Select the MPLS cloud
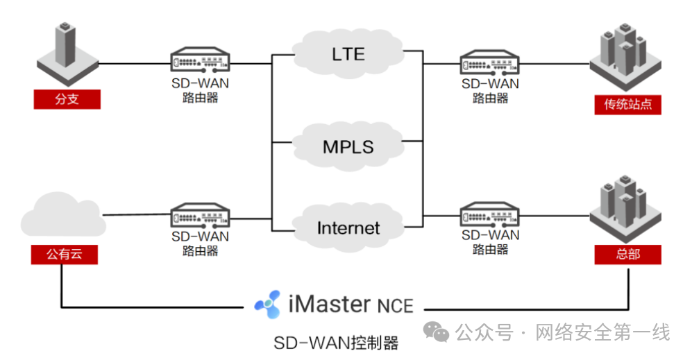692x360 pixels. [348, 146]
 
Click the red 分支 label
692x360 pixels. [67, 99]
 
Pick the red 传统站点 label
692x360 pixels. [627, 105]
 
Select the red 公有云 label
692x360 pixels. [64, 255]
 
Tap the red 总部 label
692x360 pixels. [627, 255]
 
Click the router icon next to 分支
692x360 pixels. [200, 61]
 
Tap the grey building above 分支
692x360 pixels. [66, 52]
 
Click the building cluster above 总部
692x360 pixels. [625, 206]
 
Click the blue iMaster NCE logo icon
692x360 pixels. [268, 304]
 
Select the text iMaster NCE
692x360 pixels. [350, 304]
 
